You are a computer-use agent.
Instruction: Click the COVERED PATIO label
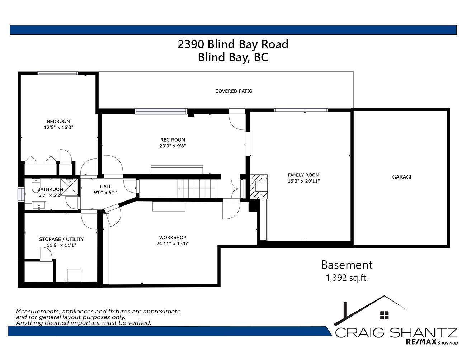234,91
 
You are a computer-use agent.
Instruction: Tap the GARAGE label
402,177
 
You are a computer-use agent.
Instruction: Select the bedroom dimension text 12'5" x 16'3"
58,127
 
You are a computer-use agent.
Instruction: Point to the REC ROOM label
173,140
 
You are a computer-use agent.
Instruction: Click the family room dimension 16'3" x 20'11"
303,181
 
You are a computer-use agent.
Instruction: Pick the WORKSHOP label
173,237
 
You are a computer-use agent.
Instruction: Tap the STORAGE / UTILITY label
61,239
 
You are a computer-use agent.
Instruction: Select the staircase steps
197,189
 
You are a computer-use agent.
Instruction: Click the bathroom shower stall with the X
69,187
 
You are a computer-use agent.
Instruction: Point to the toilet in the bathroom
36,186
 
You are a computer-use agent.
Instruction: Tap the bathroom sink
39,206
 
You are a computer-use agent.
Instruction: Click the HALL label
106,186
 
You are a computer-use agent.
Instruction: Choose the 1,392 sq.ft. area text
347,278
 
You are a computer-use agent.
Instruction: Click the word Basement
347,265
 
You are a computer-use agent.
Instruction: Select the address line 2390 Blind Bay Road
233,44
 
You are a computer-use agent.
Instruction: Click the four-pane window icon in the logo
384,315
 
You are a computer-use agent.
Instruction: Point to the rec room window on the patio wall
161,112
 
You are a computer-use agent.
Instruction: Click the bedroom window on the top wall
58,73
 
